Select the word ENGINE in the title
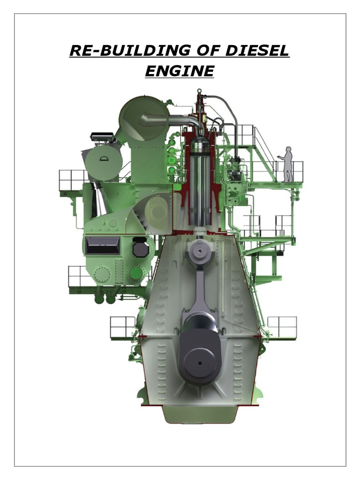[x=180, y=71]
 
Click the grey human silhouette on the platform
[x=286, y=164]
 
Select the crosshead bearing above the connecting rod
[x=199, y=252]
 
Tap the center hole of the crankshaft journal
[x=200, y=362]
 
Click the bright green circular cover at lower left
[x=136, y=273]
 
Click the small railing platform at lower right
[x=282, y=327]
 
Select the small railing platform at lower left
[x=122, y=327]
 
